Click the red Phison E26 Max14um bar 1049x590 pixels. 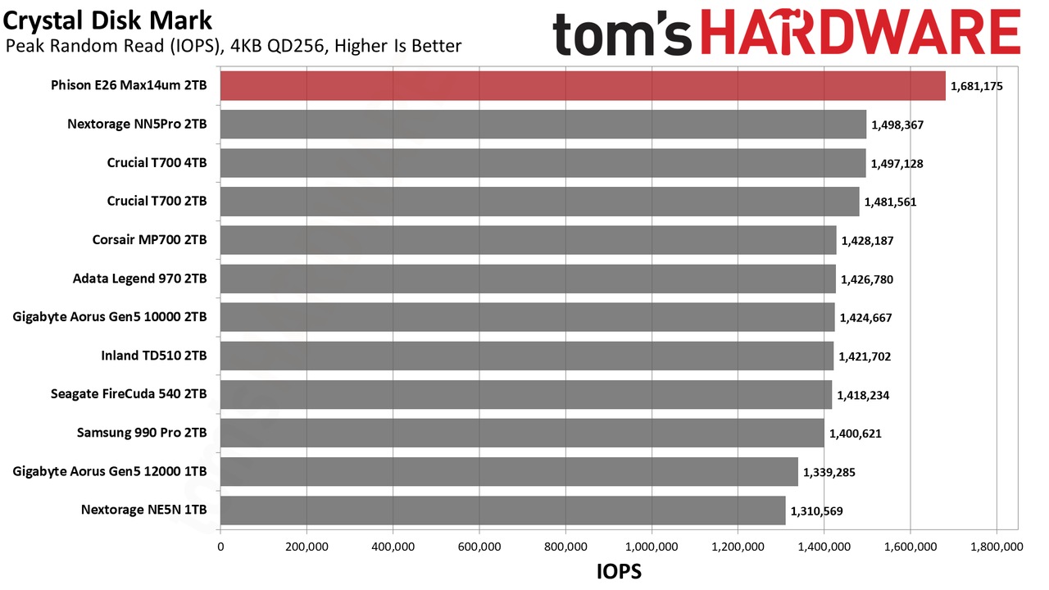pos(583,86)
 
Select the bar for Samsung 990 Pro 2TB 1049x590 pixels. pos(522,433)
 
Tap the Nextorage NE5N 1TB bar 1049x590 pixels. pos(503,510)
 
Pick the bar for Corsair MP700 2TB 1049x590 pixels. pos(529,240)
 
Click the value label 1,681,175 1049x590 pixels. pos(976,87)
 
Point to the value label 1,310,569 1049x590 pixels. pos(817,511)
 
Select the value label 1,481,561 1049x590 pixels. pos(890,202)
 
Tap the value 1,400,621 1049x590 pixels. pos(855,433)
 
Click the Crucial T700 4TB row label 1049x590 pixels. pos(157,162)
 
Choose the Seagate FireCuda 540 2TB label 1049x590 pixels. pos(129,394)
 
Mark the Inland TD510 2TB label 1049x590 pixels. pos(154,356)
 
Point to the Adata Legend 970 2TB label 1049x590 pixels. pos(139,279)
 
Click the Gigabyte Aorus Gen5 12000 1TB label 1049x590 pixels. pos(110,471)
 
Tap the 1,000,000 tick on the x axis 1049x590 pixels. pos(652,547)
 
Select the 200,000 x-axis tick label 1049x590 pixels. pos(307,547)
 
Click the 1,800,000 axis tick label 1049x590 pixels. pos(997,547)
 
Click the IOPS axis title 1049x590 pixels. pos(619,572)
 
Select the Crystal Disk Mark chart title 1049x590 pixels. pos(107,21)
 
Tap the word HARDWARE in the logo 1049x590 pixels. pos(861,32)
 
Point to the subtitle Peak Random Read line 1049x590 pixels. pos(234,46)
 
